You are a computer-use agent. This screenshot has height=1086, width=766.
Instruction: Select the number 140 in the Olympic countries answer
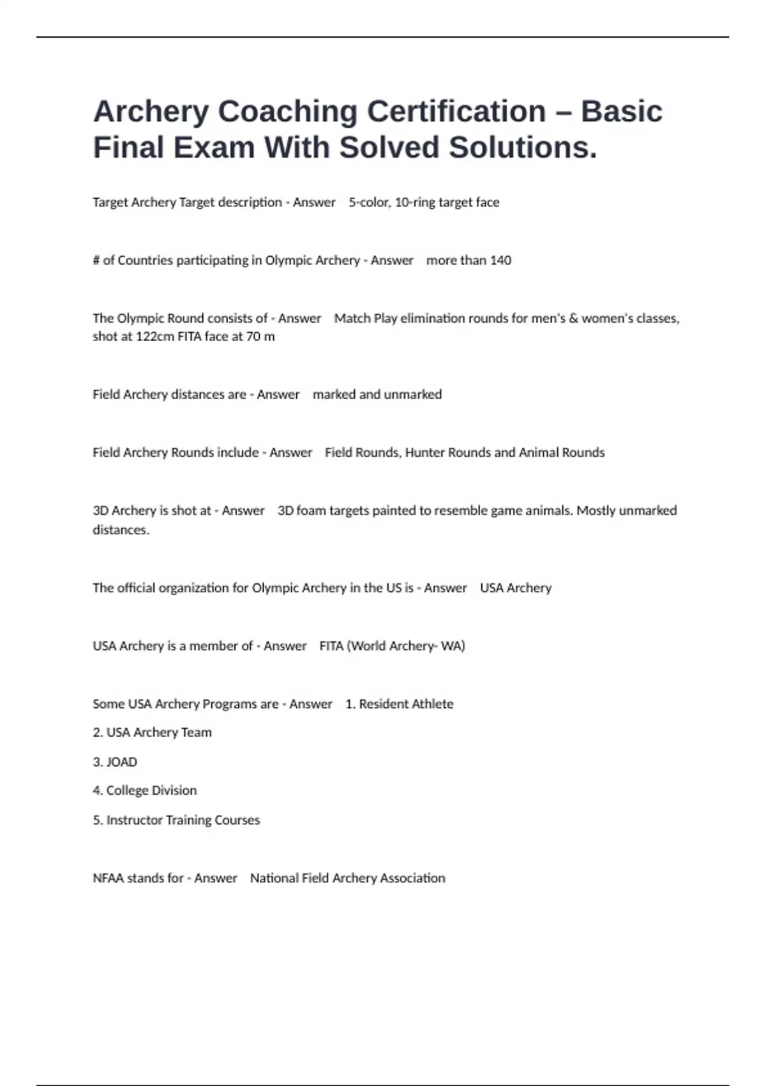tap(500, 261)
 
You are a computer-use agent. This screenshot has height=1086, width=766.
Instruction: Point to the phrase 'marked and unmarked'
tap(377, 395)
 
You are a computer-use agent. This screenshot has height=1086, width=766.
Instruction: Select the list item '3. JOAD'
tap(115, 762)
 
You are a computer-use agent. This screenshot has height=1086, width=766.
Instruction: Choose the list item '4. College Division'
tap(145, 791)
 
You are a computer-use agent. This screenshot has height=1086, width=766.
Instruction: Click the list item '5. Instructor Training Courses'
tap(176, 820)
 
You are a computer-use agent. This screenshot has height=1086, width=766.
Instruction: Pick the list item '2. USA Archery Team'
tap(152, 733)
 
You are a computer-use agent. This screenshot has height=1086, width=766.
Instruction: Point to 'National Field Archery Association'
tap(347, 878)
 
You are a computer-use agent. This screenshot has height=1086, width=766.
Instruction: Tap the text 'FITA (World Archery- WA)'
tap(392, 646)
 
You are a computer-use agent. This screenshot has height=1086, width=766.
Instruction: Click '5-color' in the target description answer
tap(368, 203)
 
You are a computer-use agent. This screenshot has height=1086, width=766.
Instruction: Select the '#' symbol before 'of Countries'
tap(96, 261)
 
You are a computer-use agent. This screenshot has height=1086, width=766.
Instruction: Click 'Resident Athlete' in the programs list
tap(406, 704)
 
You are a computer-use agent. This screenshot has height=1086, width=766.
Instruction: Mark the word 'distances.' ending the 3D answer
tap(121, 530)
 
